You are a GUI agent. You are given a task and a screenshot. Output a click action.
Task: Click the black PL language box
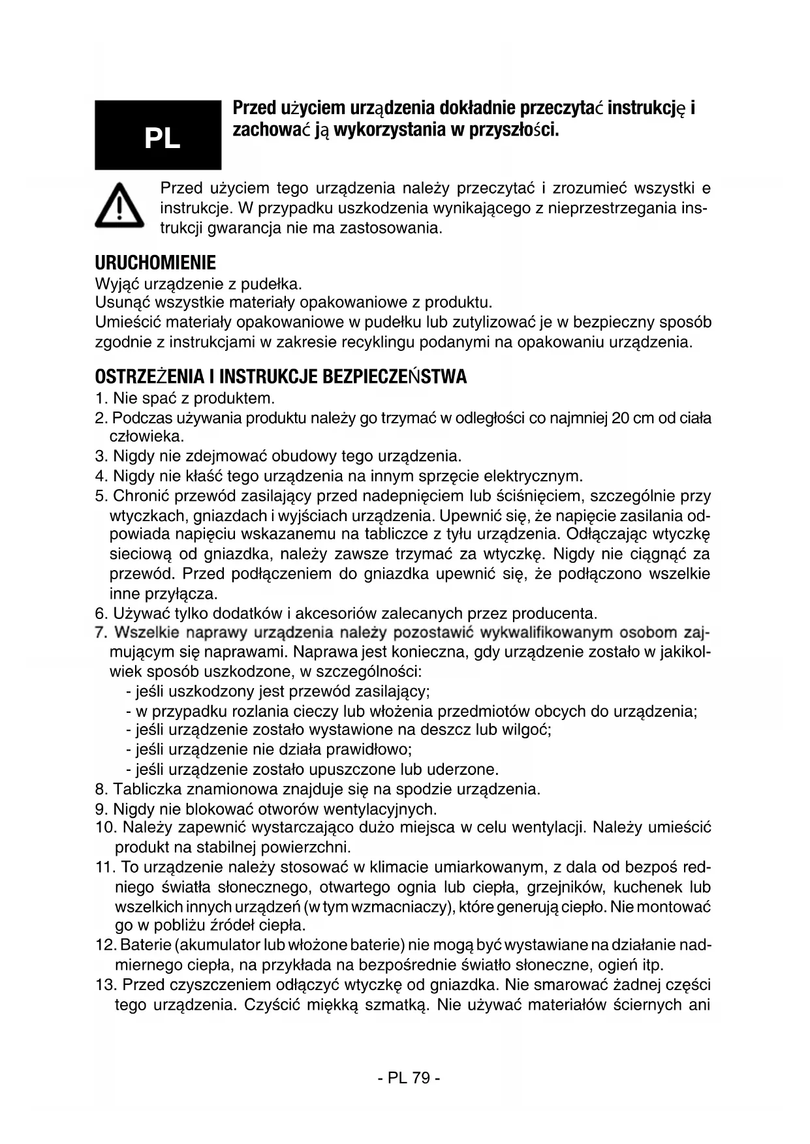(158, 135)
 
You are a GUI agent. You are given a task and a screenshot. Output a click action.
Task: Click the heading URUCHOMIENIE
(155, 263)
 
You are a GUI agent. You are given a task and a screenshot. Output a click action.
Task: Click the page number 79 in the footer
(421, 1077)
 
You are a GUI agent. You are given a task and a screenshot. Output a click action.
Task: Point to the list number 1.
(100, 399)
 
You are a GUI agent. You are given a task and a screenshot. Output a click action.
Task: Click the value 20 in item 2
(621, 418)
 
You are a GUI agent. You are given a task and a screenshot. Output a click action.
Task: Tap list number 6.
(101, 614)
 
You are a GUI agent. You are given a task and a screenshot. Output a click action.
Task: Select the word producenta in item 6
(554, 614)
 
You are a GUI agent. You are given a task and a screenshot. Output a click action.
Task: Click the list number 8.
(101, 789)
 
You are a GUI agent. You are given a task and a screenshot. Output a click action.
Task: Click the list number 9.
(101, 809)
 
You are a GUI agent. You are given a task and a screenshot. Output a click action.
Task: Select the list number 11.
(104, 867)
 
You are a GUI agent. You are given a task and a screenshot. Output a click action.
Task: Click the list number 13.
(105, 985)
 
